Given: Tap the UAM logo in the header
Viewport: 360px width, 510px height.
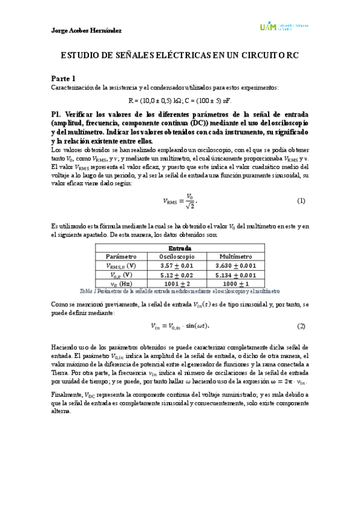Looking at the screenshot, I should (x=283, y=27).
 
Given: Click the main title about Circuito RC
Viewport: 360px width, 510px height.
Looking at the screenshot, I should (x=180, y=55).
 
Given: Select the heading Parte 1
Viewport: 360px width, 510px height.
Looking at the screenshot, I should (x=63, y=79).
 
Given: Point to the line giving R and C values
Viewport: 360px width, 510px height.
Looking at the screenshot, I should (x=180, y=100).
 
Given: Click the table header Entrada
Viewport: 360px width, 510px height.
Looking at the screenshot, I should (x=180, y=248).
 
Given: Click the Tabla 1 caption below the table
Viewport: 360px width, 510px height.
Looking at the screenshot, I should (x=180, y=291).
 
